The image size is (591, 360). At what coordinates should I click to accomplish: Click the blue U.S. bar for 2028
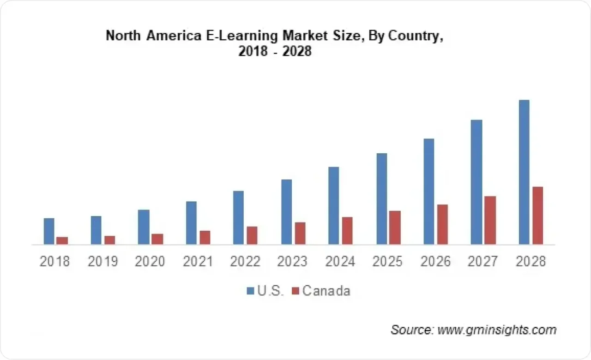pos(524,172)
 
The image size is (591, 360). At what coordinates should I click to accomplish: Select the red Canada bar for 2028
pos(537,216)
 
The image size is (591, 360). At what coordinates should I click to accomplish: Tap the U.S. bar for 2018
pos(49,231)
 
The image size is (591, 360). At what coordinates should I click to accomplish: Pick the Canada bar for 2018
pos(62,240)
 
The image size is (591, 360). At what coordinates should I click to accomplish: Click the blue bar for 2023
pos(286,212)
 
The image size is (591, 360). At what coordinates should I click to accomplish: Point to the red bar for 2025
pos(395,228)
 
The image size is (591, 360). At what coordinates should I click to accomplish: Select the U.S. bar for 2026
pos(428,192)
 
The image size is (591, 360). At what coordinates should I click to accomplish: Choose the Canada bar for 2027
pos(490,220)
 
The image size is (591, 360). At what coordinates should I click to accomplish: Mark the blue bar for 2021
pos(191,223)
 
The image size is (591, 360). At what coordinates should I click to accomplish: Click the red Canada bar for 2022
pos(252,235)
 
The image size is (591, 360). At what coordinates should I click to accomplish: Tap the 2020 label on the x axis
pos(150,262)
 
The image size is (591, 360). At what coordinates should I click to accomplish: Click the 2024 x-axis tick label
pos(340,262)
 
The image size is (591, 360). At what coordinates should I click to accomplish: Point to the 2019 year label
pos(103,262)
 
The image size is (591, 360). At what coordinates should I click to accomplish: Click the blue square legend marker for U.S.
pos(251,291)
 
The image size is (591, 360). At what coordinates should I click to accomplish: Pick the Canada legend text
pos(326,291)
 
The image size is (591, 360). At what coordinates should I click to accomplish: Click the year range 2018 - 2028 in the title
pos(275,52)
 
